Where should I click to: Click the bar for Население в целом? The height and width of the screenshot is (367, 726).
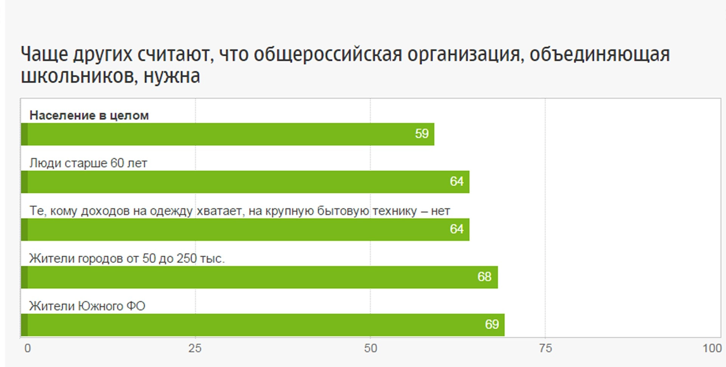(x=227, y=134)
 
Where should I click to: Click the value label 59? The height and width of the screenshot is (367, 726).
(x=422, y=134)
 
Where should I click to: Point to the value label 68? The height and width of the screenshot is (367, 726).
(x=484, y=277)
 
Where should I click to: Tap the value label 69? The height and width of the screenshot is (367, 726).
(x=492, y=324)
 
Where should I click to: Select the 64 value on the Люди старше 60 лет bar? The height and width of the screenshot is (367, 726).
(x=456, y=181)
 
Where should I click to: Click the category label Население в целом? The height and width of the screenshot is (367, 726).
(x=89, y=115)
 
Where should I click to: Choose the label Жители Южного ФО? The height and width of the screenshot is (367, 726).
(x=87, y=306)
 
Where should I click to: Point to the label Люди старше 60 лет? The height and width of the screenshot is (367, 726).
(x=88, y=163)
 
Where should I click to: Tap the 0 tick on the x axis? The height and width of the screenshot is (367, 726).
(x=28, y=348)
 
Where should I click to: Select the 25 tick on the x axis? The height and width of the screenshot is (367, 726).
(x=195, y=348)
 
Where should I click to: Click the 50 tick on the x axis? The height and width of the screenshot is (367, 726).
(x=371, y=348)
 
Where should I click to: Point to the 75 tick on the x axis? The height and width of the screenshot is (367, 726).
(x=545, y=348)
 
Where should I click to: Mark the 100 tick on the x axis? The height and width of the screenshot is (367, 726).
(x=712, y=348)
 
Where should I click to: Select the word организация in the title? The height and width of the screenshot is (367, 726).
(x=465, y=55)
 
